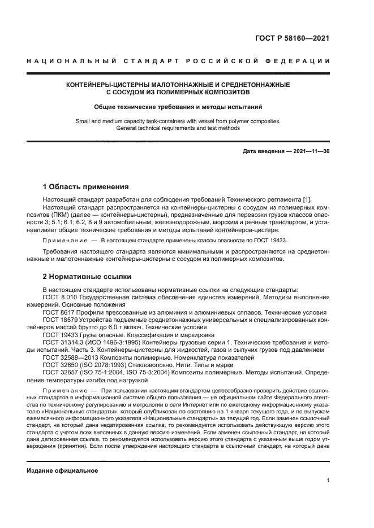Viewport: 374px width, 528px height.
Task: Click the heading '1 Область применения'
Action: coord(86,187)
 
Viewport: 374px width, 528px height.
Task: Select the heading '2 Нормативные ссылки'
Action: coord(87,277)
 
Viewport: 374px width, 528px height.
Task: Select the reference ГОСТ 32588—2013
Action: coord(68,357)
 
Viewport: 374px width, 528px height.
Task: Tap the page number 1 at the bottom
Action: coord(328,481)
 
